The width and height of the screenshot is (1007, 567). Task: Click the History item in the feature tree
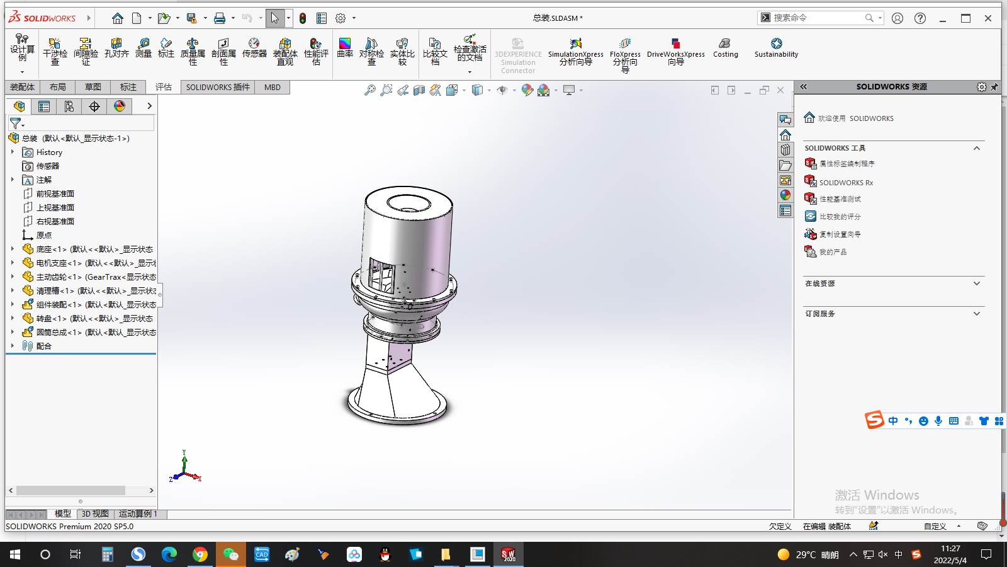coord(49,152)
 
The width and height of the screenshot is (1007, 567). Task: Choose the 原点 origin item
coord(43,236)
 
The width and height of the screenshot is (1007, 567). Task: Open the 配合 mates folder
coord(43,346)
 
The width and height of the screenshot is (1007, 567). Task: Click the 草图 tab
coord(93,88)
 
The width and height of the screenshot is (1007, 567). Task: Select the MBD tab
coord(272,88)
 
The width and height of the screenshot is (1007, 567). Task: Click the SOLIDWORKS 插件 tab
coord(218,88)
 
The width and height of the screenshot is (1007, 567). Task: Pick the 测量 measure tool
coord(143,48)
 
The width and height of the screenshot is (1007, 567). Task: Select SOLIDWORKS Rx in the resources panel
coord(845,183)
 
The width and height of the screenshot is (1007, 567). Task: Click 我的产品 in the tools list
coord(833,252)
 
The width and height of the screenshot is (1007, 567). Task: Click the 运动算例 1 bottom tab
coord(138,514)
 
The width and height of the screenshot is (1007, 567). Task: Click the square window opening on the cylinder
coord(381,275)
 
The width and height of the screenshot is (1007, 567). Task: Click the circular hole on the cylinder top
coord(408,203)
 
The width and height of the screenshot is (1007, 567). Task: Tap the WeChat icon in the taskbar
coord(231,554)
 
